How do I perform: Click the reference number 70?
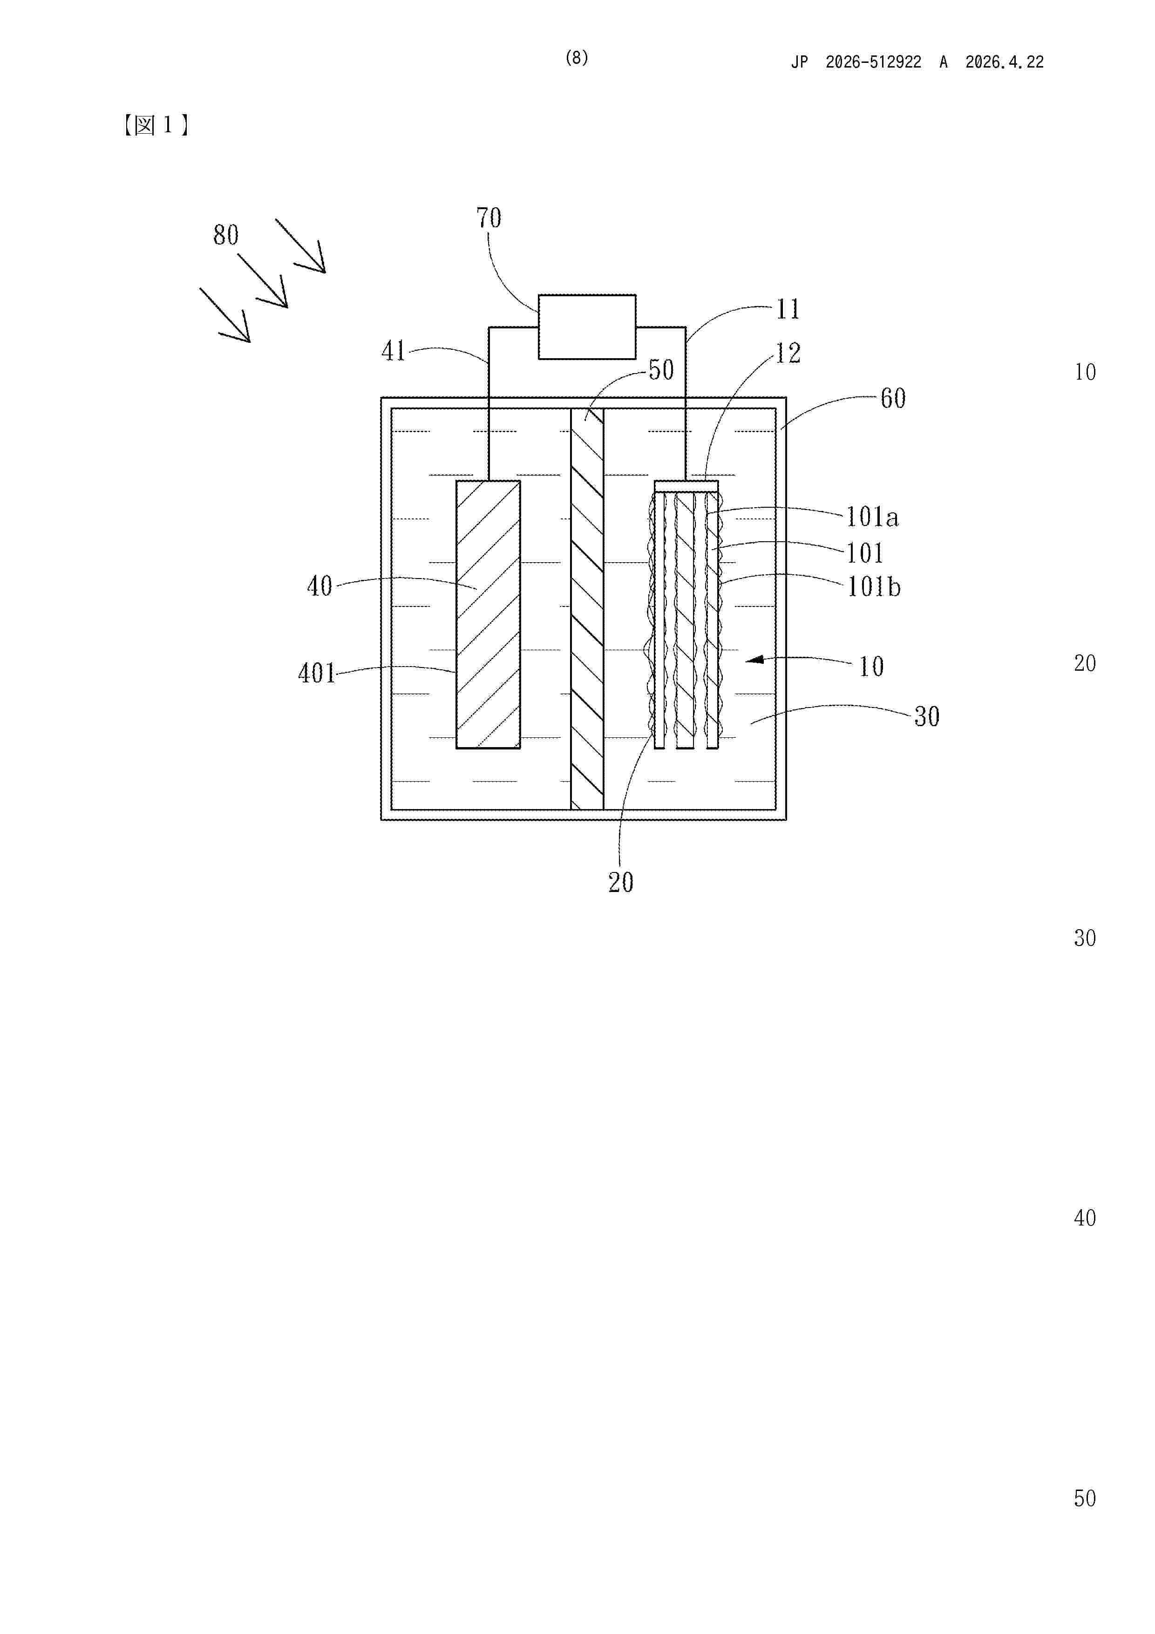tap(489, 218)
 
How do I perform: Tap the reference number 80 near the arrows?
tap(225, 235)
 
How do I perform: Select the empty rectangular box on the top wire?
tap(587, 327)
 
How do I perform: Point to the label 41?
tap(394, 351)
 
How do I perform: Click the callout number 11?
tap(788, 309)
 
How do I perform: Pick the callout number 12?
tap(788, 353)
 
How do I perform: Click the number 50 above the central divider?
tap(661, 370)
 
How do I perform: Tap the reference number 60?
tap(893, 399)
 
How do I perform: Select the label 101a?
tap(872, 517)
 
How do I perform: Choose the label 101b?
tap(873, 587)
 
